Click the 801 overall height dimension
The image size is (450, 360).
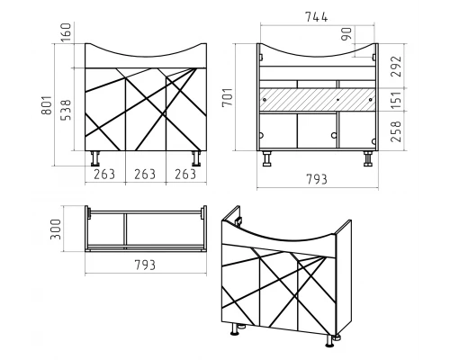coord(47,105)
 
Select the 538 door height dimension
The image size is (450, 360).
coord(66,110)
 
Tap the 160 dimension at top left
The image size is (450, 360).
coord(66,32)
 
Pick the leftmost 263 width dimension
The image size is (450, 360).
coord(104,175)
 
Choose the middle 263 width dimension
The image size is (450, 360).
coord(145,175)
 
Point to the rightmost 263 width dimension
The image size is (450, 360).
coord(185,175)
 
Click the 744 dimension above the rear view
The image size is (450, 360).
coord(317,17)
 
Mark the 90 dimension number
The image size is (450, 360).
coord(346,34)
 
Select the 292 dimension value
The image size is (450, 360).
coord(395,67)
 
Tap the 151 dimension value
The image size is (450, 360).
coord(395,100)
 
